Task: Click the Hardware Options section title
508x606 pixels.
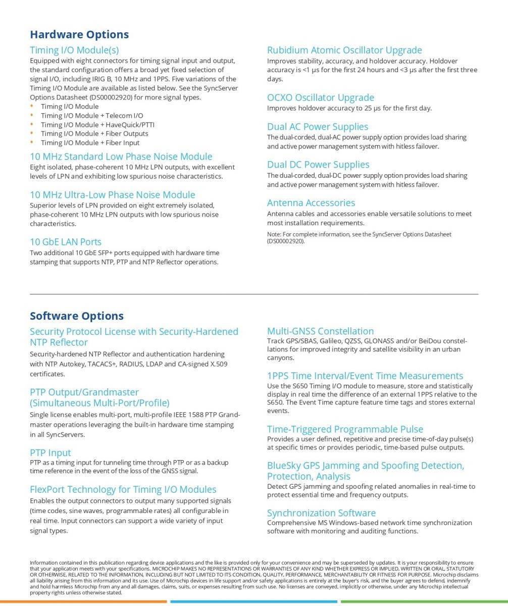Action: click(x=79, y=34)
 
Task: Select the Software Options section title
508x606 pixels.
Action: click(x=77, y=316)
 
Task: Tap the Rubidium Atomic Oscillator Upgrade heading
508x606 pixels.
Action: click(x=344, y=50)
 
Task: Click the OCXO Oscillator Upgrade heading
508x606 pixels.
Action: click(x=321, y=97)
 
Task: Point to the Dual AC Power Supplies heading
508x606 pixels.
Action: click(x=318, y=127)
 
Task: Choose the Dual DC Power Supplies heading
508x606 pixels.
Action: click(x=318, y=165)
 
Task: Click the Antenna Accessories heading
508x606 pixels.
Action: click(x=311, y=203)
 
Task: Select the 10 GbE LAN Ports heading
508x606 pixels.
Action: click(x=66, y=241)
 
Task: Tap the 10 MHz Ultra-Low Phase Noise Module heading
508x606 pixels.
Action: click(x=112, y=194)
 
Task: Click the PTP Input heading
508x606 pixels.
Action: click(x=50, y=452)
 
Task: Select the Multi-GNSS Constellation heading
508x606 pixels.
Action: click(x=321, y=331)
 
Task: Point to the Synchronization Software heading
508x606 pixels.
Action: click(x=321, y=513)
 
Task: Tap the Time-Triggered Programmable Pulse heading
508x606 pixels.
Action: click(x=345, y=429)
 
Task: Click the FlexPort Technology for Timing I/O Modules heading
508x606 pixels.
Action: click(x=123, y=489)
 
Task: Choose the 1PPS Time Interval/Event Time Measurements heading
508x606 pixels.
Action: click(x=365, y=376)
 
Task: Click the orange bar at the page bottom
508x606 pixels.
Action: click(x=83, y=601)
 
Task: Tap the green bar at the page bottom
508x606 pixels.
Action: click(x=424, y=601)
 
